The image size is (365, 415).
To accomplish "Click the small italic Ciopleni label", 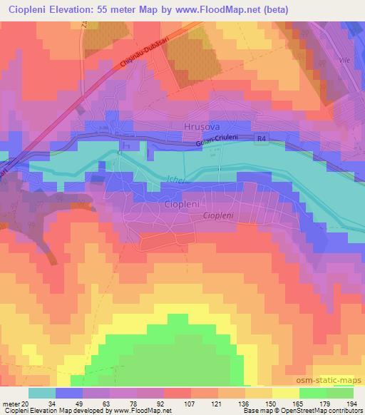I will [219, 215].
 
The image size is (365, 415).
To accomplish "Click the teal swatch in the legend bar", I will [42, 393].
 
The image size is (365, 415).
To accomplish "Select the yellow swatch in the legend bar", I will [286, 393].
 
